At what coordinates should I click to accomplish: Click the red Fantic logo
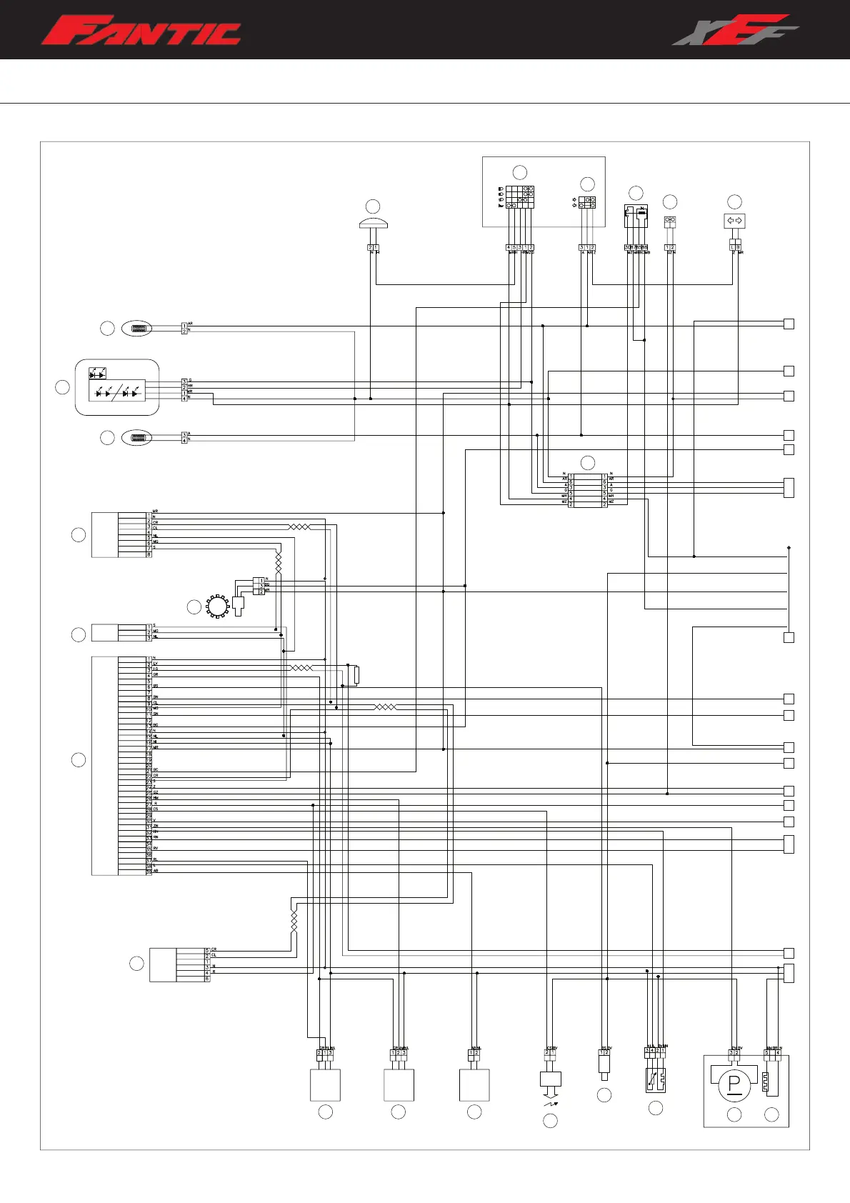point(141,31)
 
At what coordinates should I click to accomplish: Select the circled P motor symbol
point(734,1084)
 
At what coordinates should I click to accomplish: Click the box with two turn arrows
point(735,221)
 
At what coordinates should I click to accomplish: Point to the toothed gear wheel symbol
point(216,607)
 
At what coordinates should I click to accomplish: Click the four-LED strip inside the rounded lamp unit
point(116,391)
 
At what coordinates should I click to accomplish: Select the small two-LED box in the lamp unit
point(97,373)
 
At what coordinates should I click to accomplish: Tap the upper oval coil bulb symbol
point(137,329)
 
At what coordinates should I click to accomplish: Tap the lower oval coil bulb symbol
point(137,437)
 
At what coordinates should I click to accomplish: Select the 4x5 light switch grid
point(520,196)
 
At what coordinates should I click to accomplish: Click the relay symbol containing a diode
point(636,216)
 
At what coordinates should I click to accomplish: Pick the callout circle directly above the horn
point(373,206)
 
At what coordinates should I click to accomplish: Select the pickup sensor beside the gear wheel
point(239,605)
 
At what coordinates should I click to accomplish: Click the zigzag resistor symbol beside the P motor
point(771,1084)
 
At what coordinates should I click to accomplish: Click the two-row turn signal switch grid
point(587,202)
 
